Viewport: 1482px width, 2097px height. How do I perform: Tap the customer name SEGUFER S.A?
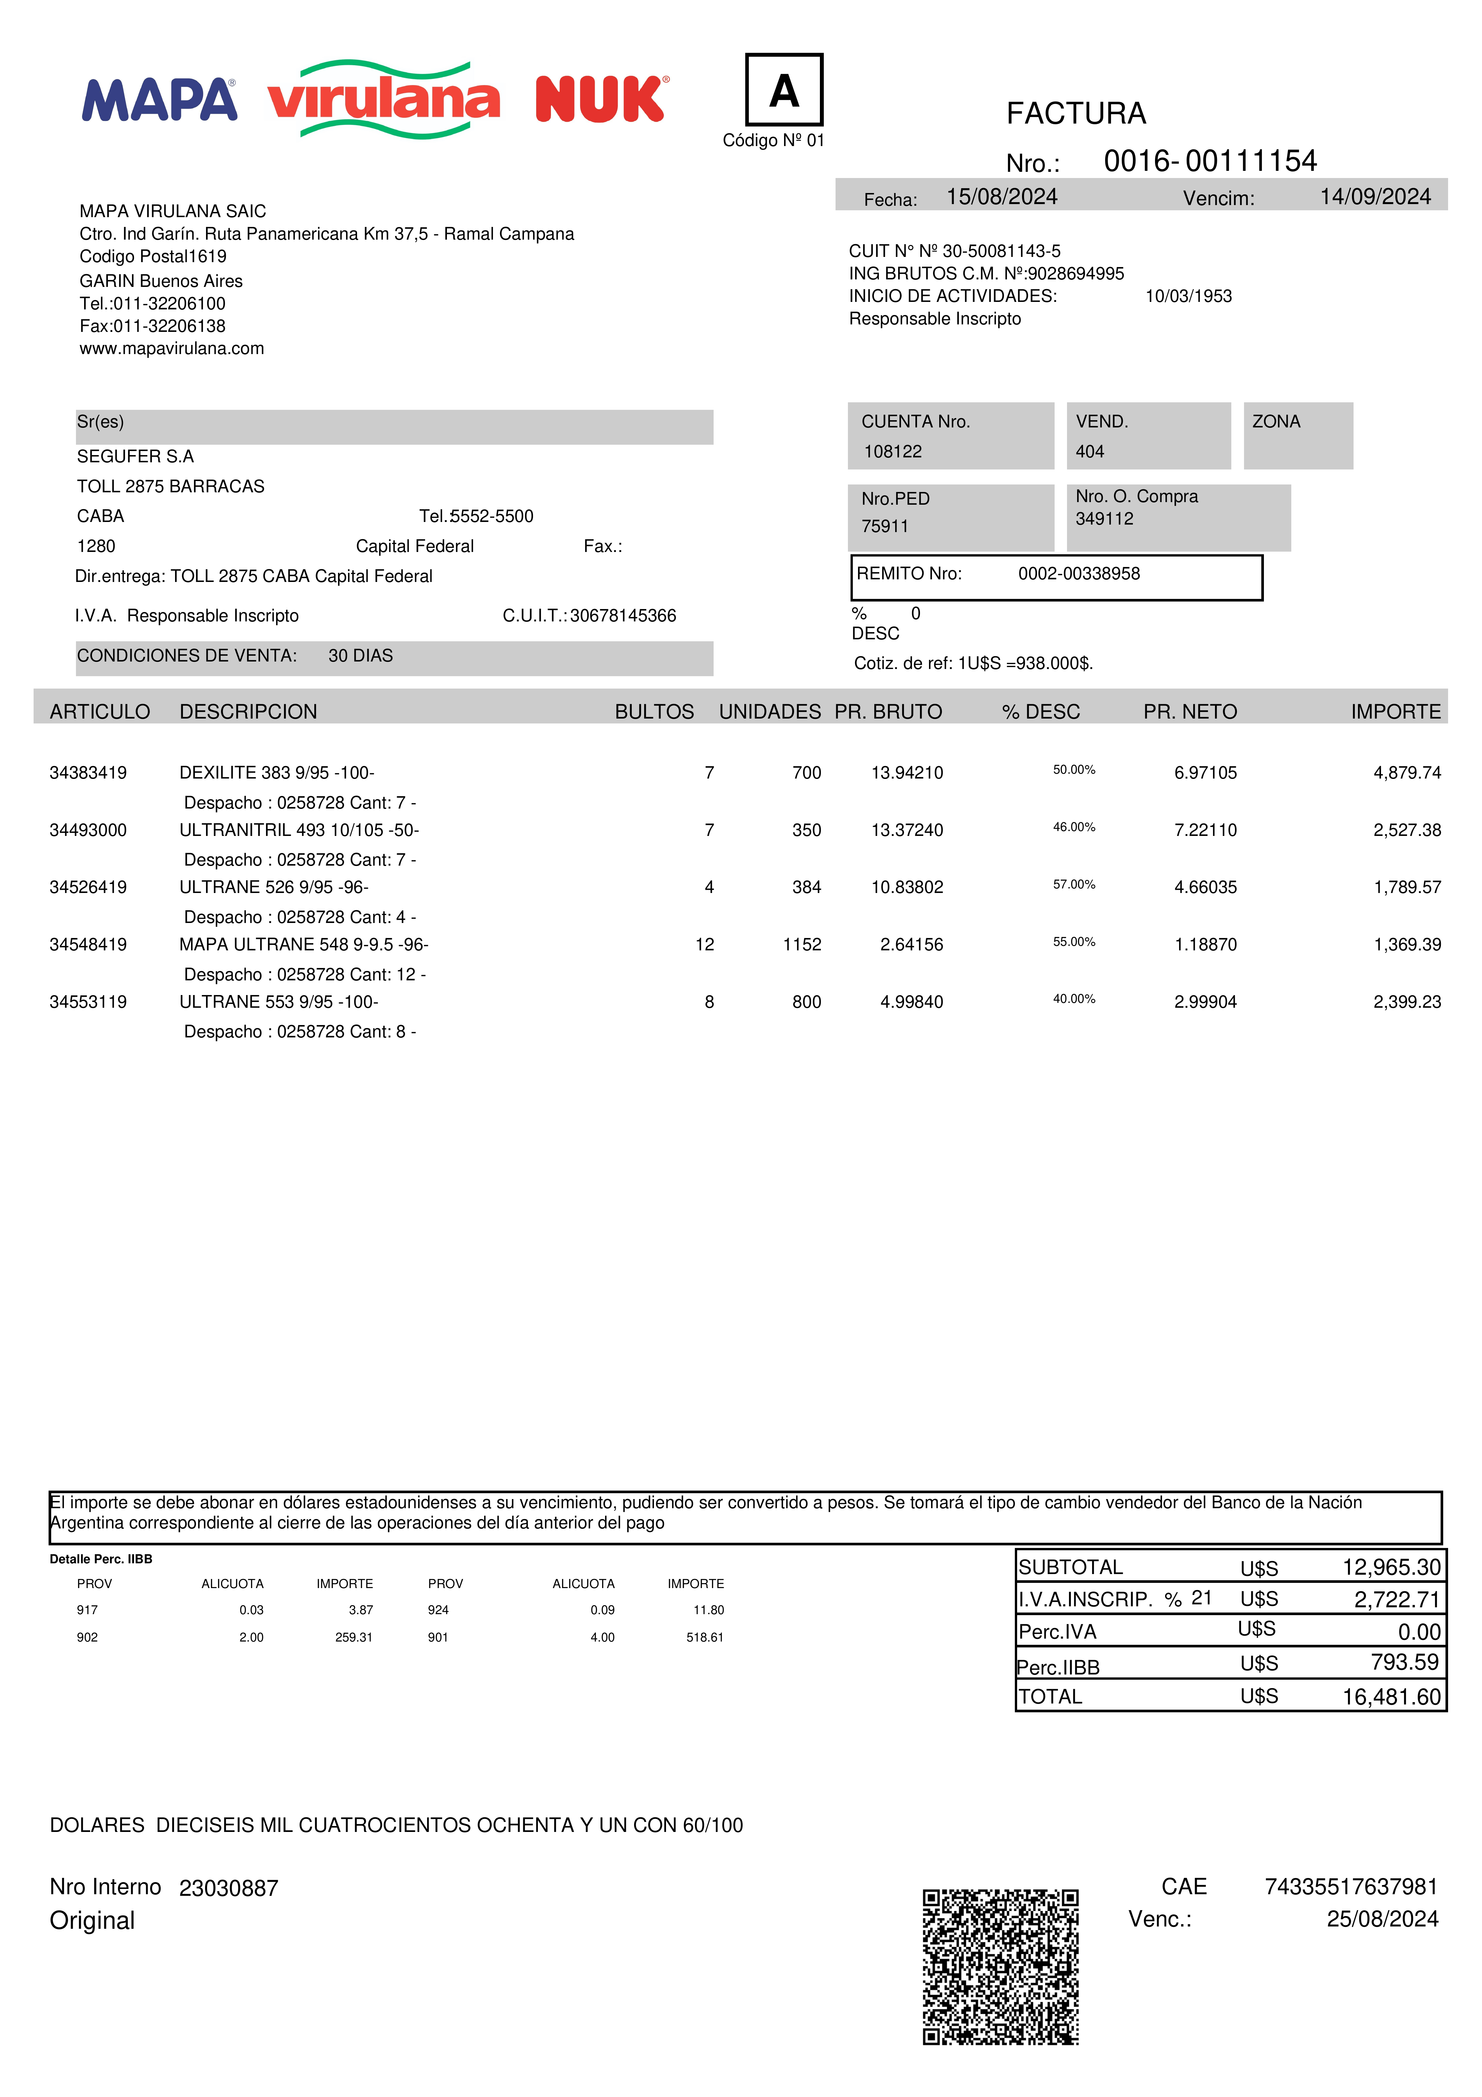[x=135, y=457]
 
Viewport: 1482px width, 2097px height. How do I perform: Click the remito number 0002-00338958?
[x=1078, y=573]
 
